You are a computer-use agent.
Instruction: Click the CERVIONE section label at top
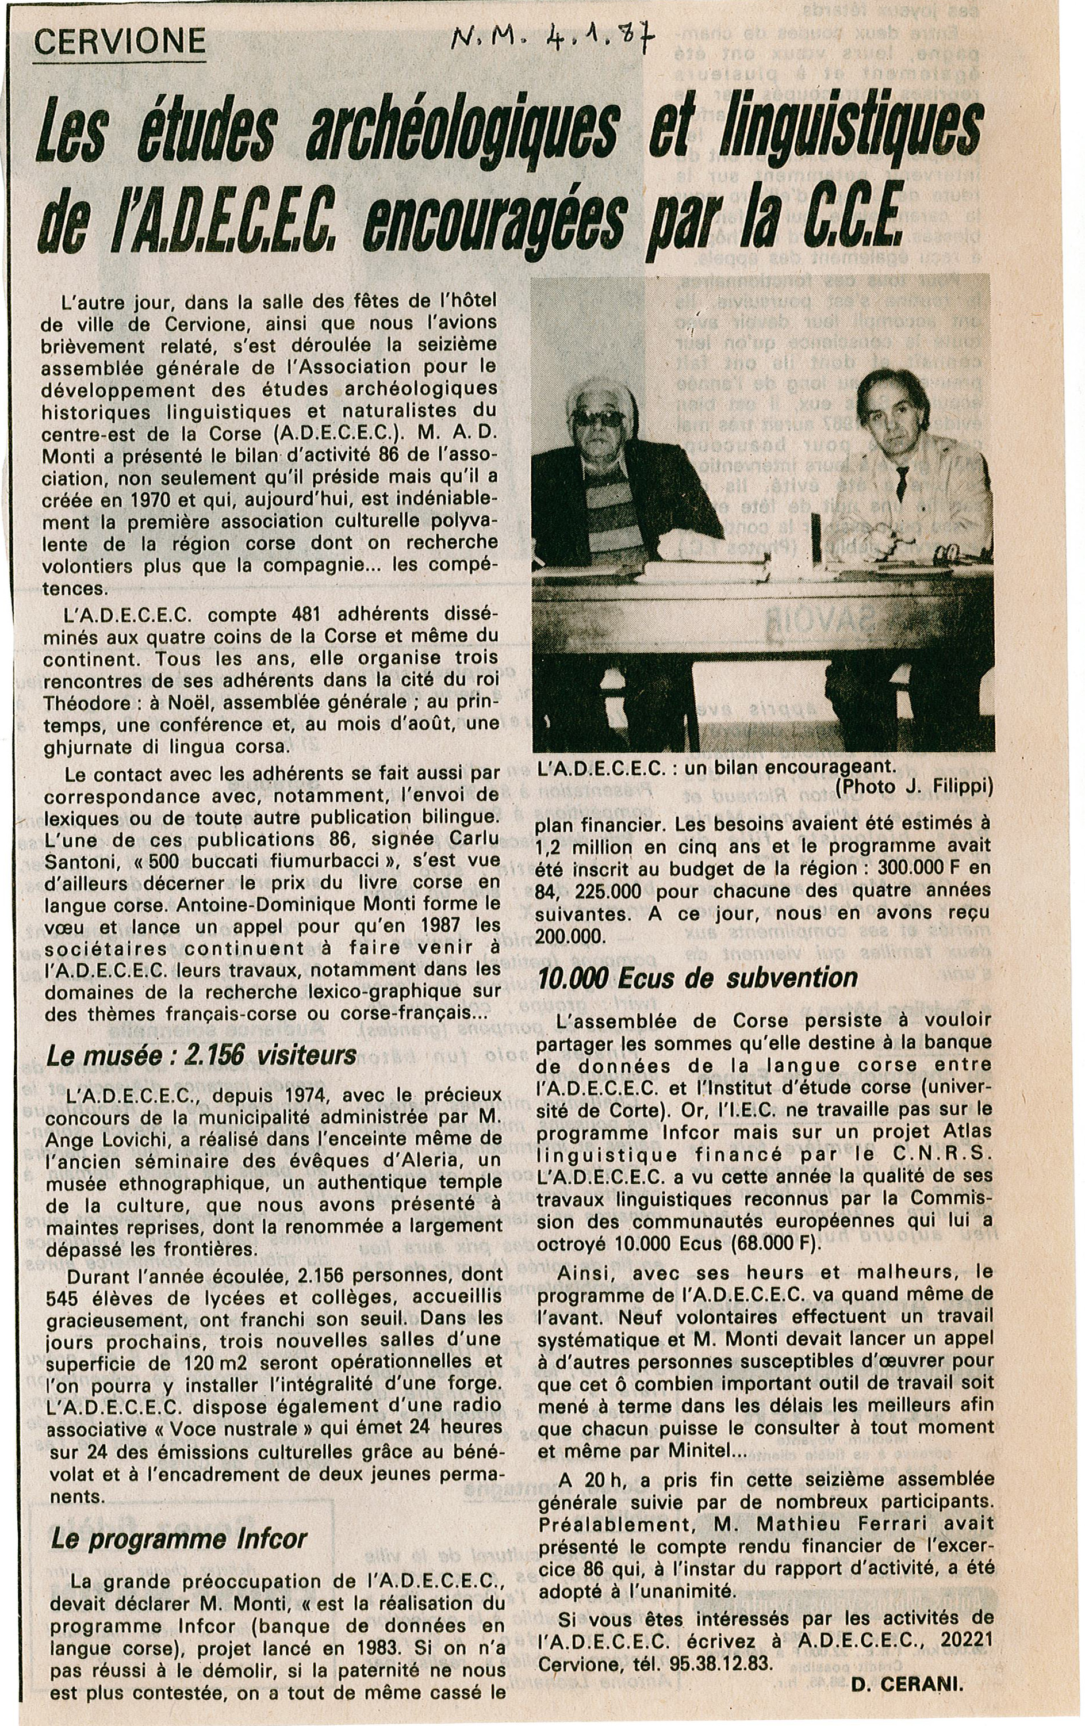120,43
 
